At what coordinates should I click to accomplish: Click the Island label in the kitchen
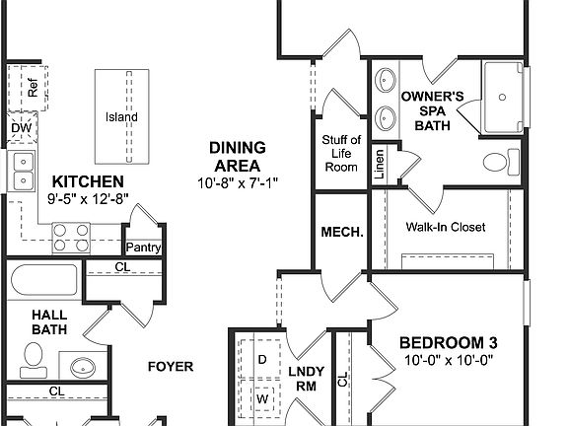(121, 117)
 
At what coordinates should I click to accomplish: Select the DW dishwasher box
(21, 128)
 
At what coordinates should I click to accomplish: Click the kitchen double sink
(22, 170)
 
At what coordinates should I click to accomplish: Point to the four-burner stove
(72, 236)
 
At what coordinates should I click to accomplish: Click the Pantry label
(143, 248)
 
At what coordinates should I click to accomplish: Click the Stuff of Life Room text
(340, 153)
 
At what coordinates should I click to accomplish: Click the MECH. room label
(342, 233)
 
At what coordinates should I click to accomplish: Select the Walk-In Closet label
(445, 227)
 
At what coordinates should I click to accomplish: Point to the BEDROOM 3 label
(446, 342)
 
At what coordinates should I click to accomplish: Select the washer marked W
(262, 398)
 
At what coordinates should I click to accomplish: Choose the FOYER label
(170, 367)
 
